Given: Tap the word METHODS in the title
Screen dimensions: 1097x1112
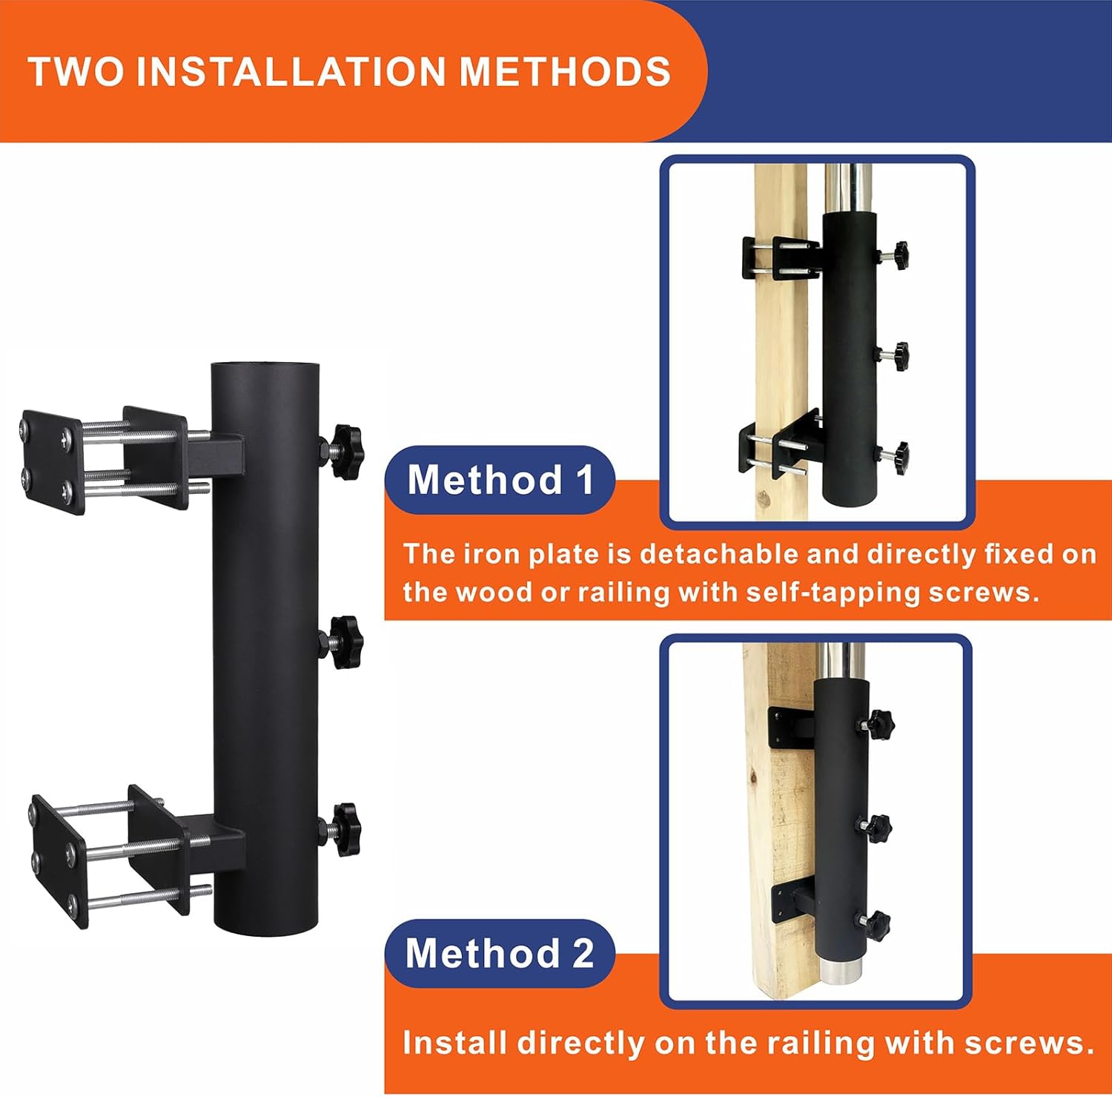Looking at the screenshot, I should click(x=565, y=72).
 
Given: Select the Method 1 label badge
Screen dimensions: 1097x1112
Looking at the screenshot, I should click(x=500, y=480).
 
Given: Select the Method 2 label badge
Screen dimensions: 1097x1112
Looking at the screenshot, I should click(x=500, y=953).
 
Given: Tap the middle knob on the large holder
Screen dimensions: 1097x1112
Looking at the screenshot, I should click(x=343, y=641).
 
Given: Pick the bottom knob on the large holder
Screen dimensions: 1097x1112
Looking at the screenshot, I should click(x=343, y=828).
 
